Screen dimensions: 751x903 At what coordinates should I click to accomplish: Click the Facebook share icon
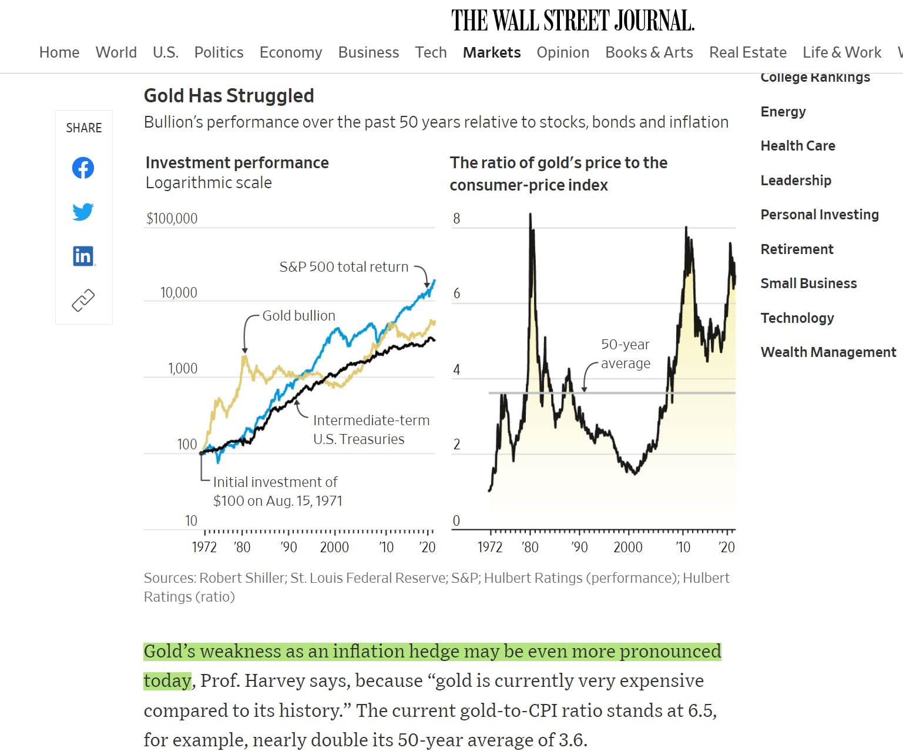tap(83, 168)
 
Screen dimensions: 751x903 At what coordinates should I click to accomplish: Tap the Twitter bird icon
tap(83, 211)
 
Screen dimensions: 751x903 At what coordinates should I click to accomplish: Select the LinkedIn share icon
tap(83, 256)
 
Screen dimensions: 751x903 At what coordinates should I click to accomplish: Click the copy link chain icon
tap(83, 300)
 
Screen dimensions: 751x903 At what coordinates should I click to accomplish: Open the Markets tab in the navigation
tap(491, 52)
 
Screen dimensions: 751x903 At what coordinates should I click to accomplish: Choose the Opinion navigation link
tap(562, 52)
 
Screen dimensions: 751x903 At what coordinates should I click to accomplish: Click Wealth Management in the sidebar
tap(828, 352)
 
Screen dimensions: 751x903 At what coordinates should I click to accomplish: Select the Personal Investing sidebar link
tap(819, 215)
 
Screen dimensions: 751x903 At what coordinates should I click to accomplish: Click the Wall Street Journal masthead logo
tap(572, 21)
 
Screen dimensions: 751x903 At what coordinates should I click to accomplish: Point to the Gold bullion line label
tap(298, 316)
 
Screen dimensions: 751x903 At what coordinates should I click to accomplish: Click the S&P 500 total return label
tap(344, 267)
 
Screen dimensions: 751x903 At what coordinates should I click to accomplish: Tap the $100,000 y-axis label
tap(172, 218)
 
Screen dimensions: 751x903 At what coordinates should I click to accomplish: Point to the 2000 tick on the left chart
tap(334, 547)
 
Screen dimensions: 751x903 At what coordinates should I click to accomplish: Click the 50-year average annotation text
tap(625, 353)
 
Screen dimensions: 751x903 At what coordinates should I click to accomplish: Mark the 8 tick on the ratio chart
tap(456, 218)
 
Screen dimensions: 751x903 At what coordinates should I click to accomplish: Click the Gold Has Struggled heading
tap(229, 95)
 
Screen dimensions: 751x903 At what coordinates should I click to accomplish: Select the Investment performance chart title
tap(237, 163)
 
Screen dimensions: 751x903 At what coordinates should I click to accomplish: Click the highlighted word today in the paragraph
tap(167, 680)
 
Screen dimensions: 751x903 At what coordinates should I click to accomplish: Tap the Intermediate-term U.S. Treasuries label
tap(370, 429)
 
